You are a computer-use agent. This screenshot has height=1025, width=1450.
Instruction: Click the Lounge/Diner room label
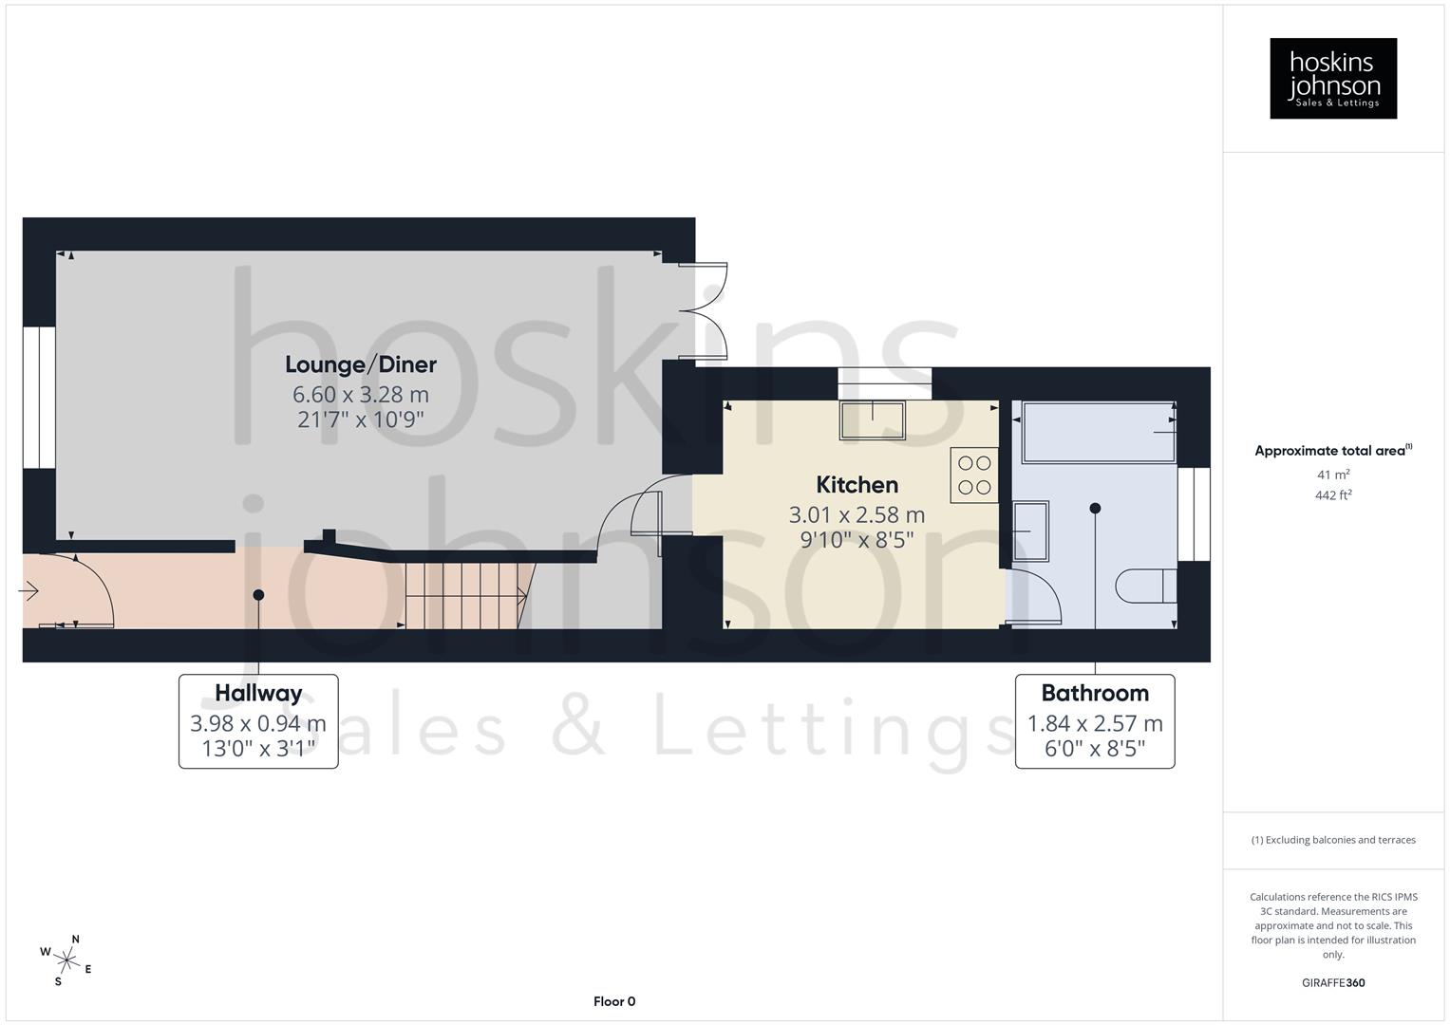(361, 364)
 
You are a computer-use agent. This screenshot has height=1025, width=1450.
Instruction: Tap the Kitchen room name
(857, 485)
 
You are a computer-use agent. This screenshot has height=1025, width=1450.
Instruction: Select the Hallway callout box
(258, 721)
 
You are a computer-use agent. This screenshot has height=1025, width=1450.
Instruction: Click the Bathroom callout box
(1094, 721)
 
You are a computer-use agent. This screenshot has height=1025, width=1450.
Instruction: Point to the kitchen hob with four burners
(974, 475)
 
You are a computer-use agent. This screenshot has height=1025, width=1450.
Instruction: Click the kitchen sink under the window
(872, 419)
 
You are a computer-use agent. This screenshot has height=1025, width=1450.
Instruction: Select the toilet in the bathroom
(1146, 586)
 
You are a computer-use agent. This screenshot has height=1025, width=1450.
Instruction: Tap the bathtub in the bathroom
(1098, 432)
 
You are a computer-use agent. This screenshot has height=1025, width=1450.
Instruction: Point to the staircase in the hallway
(462, 595)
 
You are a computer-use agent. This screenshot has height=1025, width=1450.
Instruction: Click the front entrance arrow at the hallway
(28, 592)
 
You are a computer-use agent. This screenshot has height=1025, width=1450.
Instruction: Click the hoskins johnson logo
(1332, 78)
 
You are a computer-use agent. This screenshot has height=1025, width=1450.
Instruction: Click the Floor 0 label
(613, 1001)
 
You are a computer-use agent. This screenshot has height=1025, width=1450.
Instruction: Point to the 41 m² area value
(1333, 475)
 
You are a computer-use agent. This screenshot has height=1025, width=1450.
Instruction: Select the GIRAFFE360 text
(1332, 983)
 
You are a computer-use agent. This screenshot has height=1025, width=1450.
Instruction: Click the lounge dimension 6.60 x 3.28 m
(361, 394)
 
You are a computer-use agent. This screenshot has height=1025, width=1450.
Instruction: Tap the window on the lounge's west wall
(39, 398)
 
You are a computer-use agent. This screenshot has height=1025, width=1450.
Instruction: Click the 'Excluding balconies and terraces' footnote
(1332, 840)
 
